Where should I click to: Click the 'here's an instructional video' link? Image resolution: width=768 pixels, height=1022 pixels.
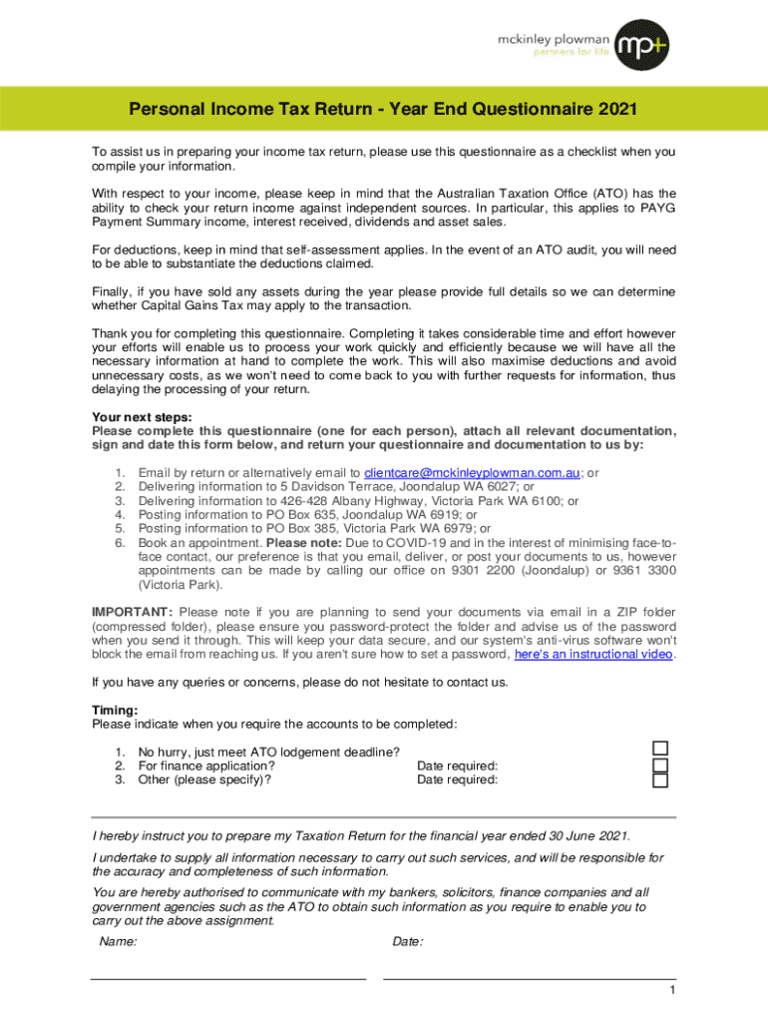[593, 655]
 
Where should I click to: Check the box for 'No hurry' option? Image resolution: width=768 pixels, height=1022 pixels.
[660, 749]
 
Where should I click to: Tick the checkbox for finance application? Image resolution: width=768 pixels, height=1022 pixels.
[660, 765]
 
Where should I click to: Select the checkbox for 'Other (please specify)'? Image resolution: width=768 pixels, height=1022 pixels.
[660, 780]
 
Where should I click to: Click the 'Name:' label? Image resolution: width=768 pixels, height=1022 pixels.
[119, 941]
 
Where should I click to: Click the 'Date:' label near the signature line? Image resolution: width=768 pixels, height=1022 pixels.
[407, 941]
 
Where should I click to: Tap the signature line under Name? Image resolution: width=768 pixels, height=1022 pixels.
[228, 978]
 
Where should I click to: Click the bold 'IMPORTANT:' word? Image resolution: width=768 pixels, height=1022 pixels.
[133, 612]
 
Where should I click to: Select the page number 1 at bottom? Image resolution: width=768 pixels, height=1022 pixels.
[673, 990]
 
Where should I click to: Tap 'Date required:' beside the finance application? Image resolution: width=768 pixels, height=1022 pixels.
[457, 766]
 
